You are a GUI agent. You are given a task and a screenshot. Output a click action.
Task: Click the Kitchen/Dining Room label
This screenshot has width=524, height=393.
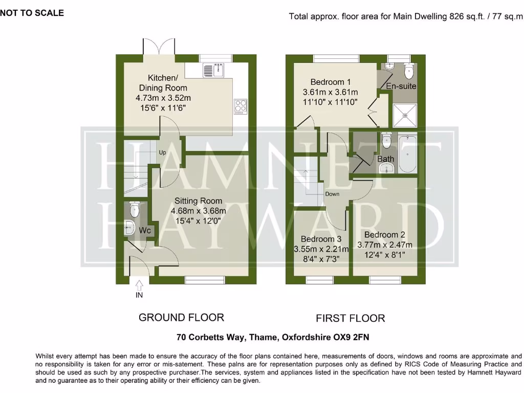coord(163,83)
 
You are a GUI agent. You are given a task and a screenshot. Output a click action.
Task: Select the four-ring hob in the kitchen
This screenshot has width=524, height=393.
coord(240,105)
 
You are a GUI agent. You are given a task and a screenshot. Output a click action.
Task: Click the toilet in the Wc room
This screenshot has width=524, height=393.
coord(134,209)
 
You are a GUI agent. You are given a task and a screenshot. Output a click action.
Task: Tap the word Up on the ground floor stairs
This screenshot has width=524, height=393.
coord(163,152)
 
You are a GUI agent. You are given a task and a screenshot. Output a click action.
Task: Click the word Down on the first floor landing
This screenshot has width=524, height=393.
coord(332,194)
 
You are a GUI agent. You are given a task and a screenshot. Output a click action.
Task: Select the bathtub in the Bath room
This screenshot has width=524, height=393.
coord(407,153)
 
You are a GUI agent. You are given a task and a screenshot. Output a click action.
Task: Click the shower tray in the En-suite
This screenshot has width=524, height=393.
coord(405,115)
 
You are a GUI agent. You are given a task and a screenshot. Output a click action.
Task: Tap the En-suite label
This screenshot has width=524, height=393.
coord(401,86)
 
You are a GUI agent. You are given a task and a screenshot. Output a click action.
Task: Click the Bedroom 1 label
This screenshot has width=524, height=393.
coord(331,82)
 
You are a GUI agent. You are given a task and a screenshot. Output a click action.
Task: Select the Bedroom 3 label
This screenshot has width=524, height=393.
coord(321,239)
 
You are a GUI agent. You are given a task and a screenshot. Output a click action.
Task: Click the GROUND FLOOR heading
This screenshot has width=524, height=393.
coord(181,317)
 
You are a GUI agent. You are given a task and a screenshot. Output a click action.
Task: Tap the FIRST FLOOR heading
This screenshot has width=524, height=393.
coord(350,318)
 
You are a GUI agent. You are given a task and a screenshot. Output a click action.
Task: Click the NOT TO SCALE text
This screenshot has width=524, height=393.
coord(32,13)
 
